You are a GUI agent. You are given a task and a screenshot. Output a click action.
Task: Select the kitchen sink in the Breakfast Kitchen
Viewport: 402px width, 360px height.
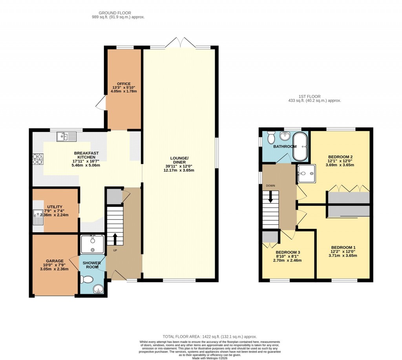[x=66, y=137]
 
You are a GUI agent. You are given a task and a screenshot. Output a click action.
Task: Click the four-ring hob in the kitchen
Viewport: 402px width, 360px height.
[x=38, y=159]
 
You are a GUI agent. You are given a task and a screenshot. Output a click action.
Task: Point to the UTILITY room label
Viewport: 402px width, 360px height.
[x=55, y=207]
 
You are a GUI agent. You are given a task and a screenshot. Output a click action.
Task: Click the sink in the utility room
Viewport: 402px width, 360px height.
[x=38, y=217]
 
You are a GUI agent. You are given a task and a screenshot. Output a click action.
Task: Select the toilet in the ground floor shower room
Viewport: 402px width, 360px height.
[x=86, y=279]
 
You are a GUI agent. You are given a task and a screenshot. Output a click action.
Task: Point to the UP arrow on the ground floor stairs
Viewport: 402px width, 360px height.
[x=115, y=239]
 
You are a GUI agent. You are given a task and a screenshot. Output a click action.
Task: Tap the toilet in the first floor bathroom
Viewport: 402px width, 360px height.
[x=270, y=138]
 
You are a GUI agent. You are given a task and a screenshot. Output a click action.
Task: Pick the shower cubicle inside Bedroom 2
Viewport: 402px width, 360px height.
[x=306, y=173]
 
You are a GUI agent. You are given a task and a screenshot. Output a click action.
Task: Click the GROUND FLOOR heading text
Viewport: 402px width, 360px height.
[x=115, y=13]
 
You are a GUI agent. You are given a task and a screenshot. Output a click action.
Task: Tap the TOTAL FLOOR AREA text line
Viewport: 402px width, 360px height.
[x=210, y=337]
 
